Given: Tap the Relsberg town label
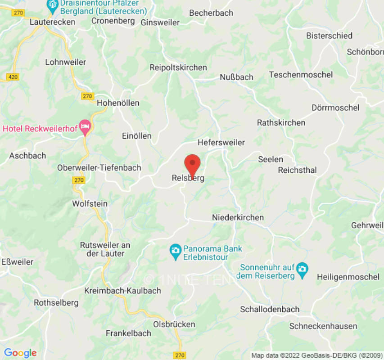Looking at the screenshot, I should click(x=188, y=178).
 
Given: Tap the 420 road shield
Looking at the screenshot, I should click(x=13, y=77).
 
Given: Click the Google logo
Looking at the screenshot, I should click(x=20, y=353).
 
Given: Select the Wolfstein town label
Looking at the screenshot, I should click(x=90, y=204).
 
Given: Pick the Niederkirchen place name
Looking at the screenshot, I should click(x=238, y=217).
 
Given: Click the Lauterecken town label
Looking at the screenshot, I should click(x=52, y=22).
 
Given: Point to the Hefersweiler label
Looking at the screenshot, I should click(x=221, y=143).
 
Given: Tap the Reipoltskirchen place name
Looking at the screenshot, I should click(x=178, y=67).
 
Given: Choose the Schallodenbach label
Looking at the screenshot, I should click(x=270, y=309).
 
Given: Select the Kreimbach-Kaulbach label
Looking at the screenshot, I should click(x=122, y=291).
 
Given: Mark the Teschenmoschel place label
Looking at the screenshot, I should click(x=301, y=75).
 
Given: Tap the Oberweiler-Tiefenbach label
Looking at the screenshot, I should click(x=99, y=168).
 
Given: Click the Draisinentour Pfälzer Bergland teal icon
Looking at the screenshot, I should click(x=52, y=5).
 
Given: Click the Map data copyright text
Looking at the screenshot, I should click(x=316, y=355).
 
